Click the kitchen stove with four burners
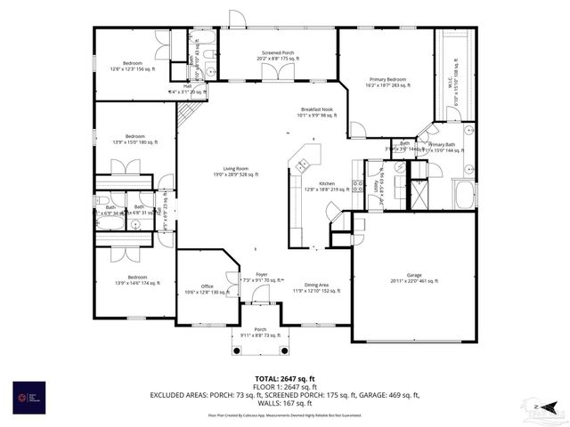tap(357, 186)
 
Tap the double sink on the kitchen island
tap(303, 164)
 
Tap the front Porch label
tap(260, 332)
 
